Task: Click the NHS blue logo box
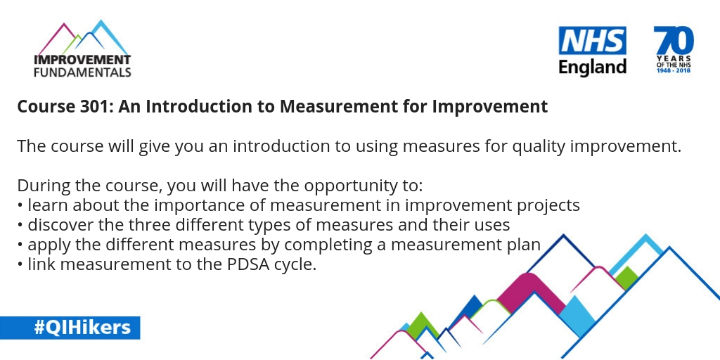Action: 592,41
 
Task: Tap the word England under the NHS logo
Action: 592,67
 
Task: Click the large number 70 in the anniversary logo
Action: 673,39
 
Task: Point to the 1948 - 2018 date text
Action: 673,71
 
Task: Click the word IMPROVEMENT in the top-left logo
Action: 82,59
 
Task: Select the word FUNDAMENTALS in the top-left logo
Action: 82,71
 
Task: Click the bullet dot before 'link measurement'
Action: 20,266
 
